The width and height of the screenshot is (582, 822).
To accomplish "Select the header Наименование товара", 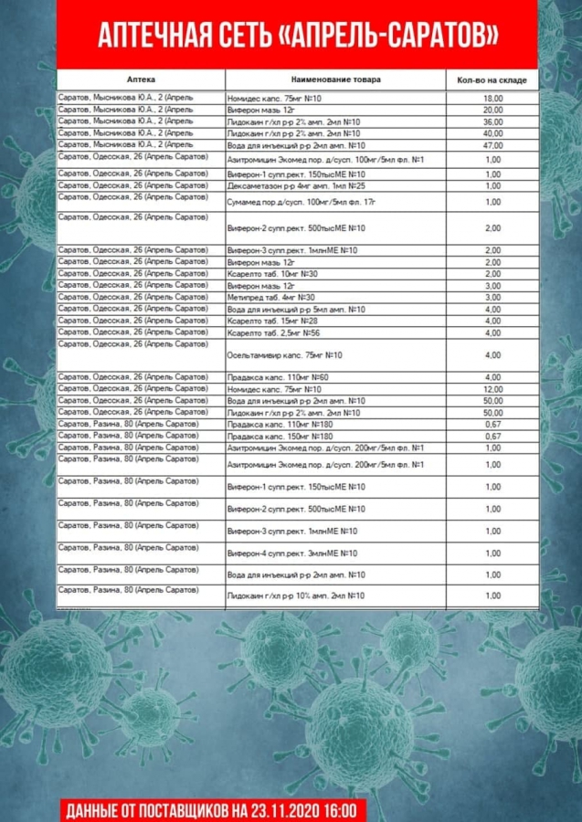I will pyautogui.click(x=335, y=79).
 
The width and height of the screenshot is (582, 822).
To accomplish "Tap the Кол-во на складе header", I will pyautogui.click(x=492, y=80).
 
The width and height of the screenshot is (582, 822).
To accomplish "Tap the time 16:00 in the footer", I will pyautogui.click(x=344, y=809).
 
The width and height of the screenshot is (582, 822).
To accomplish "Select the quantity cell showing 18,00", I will pyautogui.click(x=493, y=98).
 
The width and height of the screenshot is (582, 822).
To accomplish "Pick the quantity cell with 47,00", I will pyautogui.click(x=493, y=145).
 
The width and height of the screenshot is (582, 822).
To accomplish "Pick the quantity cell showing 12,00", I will pyautogui.click(x=493, y=390).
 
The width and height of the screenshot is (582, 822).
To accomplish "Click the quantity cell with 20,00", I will pyautogui.click(x=493, y=110).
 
